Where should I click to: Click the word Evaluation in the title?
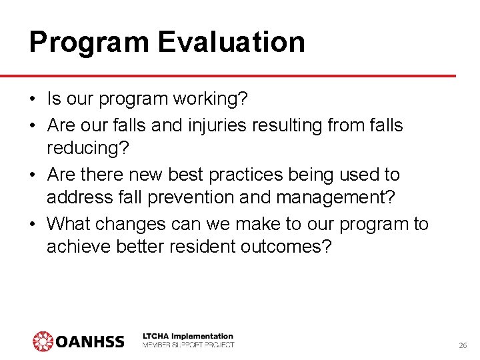coord(231,42)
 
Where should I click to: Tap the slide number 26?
coord(463,346)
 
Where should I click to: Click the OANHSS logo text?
coord(90,343)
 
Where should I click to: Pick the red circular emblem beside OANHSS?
coord(43,341)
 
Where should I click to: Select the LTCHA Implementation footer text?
coord(189,336)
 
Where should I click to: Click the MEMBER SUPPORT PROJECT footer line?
coord(189,345)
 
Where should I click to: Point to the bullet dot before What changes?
coord(33,224)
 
